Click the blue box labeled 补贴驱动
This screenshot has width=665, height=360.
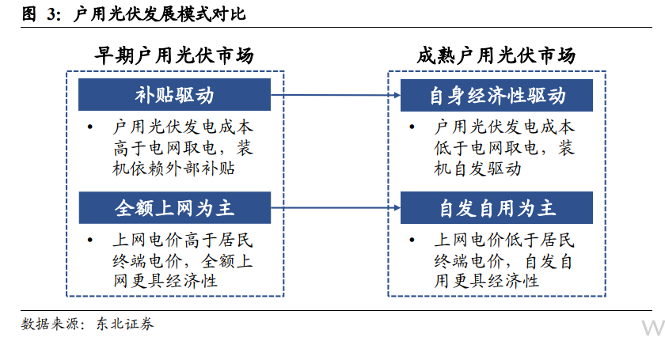(174, 95)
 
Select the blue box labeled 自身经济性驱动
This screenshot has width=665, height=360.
(496, 96)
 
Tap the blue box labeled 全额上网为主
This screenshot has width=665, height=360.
(175, 208)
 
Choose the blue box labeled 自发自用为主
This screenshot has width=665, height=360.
(496, 208)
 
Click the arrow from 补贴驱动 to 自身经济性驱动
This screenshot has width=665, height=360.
(336, 95)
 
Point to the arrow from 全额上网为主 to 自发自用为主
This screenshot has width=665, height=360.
(336, 208)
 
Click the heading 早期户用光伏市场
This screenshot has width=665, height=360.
(174, 55)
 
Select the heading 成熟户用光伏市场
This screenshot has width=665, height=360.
(496, 55)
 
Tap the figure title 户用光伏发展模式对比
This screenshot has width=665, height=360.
(159, 14)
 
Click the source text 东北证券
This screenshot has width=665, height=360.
(125, 324)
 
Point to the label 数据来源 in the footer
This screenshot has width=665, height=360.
(50, 324)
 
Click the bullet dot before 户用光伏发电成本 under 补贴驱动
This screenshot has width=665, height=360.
(90, 127)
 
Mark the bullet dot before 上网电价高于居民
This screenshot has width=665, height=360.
(90, 240)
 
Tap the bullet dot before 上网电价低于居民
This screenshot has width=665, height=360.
(412, 240)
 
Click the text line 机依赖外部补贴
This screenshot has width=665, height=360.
(173, 169)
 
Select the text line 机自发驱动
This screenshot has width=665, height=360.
(477, 169)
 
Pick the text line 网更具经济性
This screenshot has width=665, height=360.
(165, 281)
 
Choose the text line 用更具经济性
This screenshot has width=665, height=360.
(486, 281)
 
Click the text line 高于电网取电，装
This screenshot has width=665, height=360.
(183, 148)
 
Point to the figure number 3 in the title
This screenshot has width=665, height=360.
(51, 14)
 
